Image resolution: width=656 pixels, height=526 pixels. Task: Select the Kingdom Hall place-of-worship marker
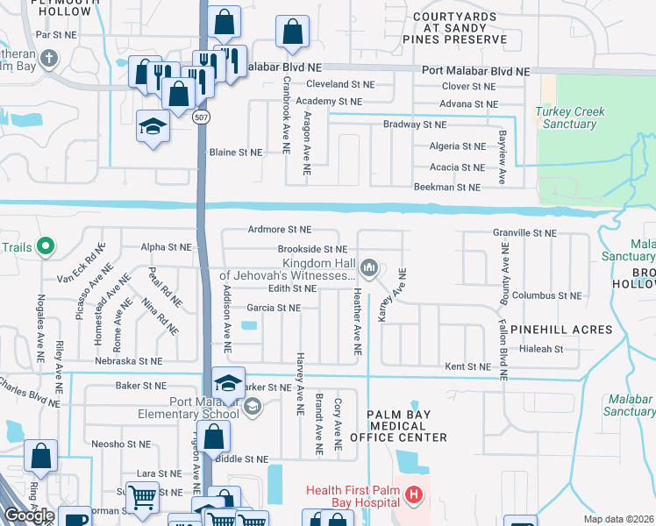point(370,267)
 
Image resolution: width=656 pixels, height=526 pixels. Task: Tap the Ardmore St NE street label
point(280,230)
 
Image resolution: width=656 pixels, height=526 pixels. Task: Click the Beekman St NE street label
point(447,188)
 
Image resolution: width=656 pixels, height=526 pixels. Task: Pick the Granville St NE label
point(524,233)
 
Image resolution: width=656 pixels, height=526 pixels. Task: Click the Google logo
point(29,515)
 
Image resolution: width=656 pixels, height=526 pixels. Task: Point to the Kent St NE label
point(467,366)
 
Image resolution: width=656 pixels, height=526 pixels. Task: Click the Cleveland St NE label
point(340,85)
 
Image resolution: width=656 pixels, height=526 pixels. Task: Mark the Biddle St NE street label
point(244,459)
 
